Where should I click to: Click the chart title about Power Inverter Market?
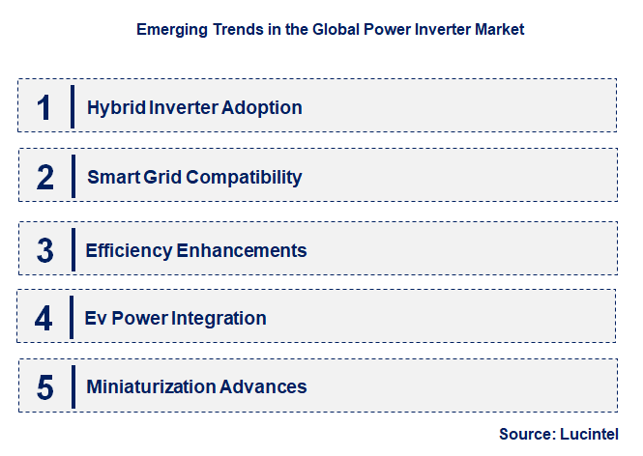(x=330, y=30)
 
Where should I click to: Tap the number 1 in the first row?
(x=44, y=106)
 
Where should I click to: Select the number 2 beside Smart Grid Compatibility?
(x=44, y=177)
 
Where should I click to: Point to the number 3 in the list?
(x=44, y=250)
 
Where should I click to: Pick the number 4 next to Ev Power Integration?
(x=44, y=318)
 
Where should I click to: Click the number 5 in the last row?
(x=44, y=387)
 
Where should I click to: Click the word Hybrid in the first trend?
(x=113, y=107)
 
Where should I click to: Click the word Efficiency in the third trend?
(x=129, y=250)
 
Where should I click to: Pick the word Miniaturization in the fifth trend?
(x=149, y=387)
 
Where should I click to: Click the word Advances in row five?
(x=263, y=387)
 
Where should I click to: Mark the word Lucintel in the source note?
(x=589, y=435)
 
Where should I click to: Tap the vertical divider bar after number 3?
(x=73, y=249)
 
